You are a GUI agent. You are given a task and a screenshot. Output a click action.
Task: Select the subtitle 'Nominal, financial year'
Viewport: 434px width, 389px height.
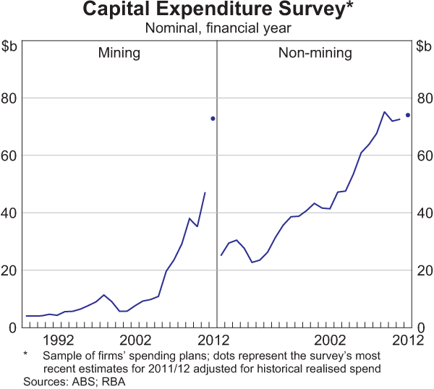(216, 29)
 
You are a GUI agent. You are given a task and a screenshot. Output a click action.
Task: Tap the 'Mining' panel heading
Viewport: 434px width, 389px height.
(119, 53)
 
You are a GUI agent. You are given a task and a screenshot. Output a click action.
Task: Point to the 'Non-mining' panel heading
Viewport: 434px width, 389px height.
(315, 53)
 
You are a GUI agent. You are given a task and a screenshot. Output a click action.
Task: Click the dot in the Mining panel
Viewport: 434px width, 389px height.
(213, 119)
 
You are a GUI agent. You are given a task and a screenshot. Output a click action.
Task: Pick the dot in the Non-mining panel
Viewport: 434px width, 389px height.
(408, 115)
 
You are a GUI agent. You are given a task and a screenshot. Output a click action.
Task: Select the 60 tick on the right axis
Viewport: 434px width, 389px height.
(423, 155)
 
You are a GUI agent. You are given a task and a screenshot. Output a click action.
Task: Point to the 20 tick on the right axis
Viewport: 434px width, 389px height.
(423, 270)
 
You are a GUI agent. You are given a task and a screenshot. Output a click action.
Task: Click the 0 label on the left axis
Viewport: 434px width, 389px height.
(14, 328)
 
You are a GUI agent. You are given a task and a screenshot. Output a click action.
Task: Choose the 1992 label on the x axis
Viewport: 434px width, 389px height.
(58, 340)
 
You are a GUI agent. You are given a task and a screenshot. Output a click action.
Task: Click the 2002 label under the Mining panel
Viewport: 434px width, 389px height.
(135, 340)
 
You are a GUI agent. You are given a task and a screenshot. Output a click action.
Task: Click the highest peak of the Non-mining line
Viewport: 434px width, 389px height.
(384, 112)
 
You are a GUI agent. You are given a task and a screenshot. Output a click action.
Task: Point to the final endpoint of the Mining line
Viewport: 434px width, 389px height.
(205, 192)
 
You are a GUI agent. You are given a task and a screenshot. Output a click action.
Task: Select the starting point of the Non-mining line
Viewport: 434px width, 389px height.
(221, 255)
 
